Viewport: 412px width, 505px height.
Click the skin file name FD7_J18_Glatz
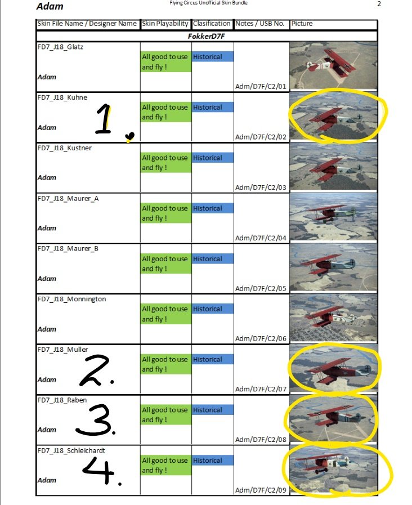60,47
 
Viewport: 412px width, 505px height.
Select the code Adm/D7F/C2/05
261,288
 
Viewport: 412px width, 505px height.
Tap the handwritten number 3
95,420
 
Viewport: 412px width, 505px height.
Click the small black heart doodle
129,137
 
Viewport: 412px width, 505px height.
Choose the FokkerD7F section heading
207,36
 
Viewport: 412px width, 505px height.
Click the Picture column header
302,24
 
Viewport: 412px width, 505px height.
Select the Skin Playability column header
165,24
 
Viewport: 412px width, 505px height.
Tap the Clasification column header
212,24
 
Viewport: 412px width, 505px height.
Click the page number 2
379,4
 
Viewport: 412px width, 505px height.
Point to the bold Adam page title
50,6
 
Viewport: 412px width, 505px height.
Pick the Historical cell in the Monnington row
208,309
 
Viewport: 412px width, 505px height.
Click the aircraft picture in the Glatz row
333,65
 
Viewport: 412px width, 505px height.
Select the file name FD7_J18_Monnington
72,299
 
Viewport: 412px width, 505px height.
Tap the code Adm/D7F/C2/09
261,490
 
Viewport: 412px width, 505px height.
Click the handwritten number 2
96,370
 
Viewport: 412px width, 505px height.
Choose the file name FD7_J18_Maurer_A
68,199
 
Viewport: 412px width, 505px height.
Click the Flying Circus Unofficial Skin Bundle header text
209,3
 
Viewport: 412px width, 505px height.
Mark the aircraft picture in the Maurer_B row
333,267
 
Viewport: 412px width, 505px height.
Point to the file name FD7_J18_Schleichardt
71,450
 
